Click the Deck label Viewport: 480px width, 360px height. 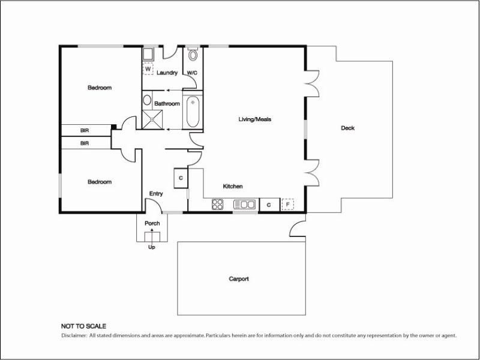[x=347, y=128]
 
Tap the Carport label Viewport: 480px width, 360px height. [x=238, y=279]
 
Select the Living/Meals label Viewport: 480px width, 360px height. [x=255, y=119]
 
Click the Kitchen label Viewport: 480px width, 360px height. [x=233, y=187]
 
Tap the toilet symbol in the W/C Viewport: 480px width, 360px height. [x=193, y=56]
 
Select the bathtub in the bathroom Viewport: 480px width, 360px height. [x=193, y=112]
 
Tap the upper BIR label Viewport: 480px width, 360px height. [x=85, y=130]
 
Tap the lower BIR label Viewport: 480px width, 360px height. [x=85, y=143]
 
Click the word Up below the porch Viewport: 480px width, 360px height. [x=151, y=247]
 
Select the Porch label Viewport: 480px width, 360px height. [x=152, y=223]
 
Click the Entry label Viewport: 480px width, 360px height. [x=156, y=193]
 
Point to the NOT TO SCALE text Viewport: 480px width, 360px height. [x=84, y=326]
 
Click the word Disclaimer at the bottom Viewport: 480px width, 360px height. [x=74, y=335]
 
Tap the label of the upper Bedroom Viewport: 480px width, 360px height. [x=100, y=88]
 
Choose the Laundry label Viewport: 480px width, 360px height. [x=167, y=73]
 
